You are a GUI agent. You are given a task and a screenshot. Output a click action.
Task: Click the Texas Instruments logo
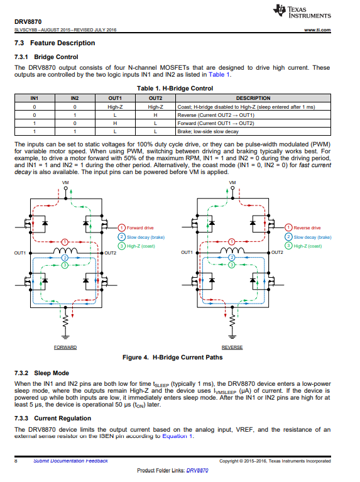tap(303, 11)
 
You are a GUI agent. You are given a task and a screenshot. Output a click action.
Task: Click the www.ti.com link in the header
tap(319, 30)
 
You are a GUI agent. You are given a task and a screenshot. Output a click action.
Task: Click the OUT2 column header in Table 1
tap(155, 98)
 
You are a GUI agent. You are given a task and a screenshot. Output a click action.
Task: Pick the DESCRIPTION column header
tap(253, 98)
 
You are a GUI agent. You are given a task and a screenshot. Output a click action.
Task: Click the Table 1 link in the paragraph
tap(219, 75)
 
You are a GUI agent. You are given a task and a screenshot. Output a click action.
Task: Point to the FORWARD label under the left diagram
tap(65, 348)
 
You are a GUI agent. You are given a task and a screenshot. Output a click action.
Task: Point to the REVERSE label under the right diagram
tap(232, 348)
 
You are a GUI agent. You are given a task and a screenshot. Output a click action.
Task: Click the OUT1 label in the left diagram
tap(19, 252)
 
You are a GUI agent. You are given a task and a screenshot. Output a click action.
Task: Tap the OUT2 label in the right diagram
tap(277, 252)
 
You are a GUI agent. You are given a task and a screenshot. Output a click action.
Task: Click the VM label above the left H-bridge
tap(65, 183)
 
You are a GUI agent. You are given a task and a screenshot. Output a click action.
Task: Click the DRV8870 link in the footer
tap(197, 470)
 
